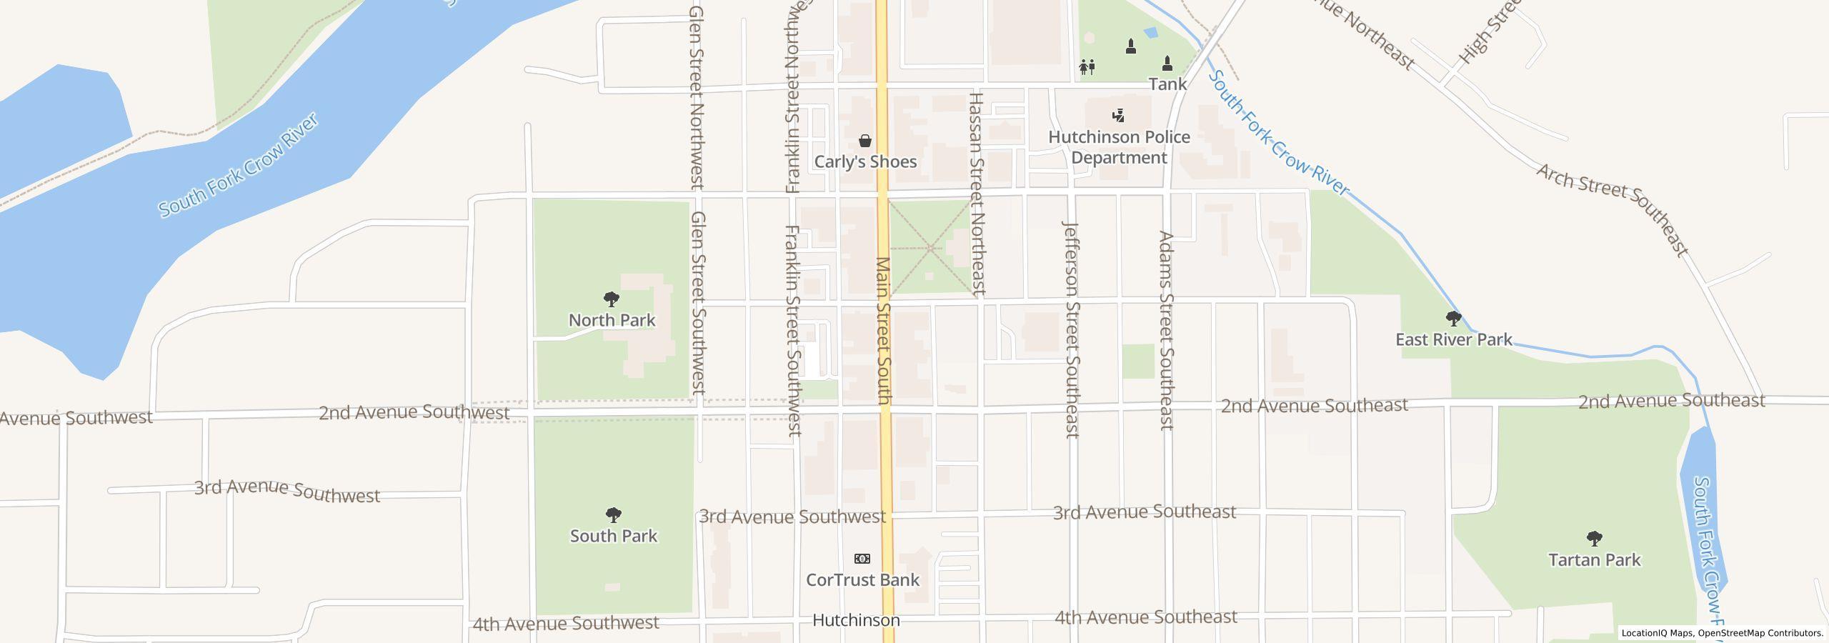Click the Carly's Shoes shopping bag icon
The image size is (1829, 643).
click(x=864, y=141)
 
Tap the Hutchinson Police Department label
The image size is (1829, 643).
click(x=1119, y=147)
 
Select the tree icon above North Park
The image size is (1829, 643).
click(x=611, y=299)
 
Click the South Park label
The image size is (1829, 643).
click(x=613, y=536)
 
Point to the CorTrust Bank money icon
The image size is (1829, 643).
click(x=862, y=559)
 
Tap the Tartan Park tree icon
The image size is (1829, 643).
click(x=1594, y=538)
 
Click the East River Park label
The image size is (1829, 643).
click(x=1453, y=339)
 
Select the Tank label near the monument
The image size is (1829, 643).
click(x=1167, y=84)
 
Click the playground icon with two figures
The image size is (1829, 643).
click(x=1087, y=67)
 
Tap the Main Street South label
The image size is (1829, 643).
click(x=883, y=330)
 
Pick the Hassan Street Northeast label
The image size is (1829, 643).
click(x=977, y=193)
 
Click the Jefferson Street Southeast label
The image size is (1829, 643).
click(x=1071, y=329)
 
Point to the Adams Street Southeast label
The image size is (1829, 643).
click(x=1166, y=330)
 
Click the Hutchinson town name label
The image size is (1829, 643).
click(x=856, y=620)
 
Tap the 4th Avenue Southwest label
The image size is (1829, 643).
click(x=565, y=624)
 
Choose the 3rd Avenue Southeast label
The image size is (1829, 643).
click(x=1144, y=512)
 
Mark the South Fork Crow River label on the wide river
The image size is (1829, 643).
click(x=239, y=165)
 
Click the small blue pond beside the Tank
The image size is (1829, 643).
click(x=1150, y=33)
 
